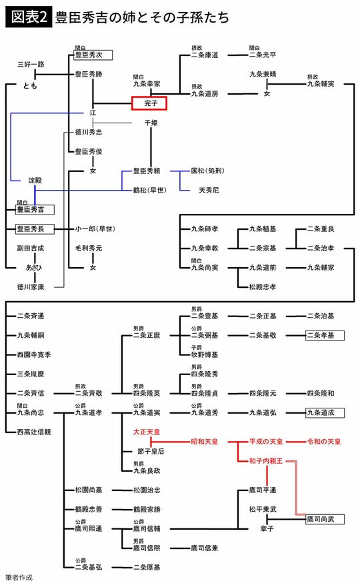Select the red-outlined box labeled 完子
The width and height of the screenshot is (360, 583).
coord(149,103)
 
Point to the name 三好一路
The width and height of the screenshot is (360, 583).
coord(31,65)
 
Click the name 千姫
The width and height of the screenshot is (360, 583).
coord(151,123)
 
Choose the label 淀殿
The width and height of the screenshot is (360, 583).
coord(35,181)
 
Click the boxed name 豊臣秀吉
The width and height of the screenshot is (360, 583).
coord(35,209)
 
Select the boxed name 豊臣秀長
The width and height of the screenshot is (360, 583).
coord(35,229)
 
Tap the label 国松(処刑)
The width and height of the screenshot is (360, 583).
coord(209,171)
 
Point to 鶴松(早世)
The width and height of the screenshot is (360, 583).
coord(149,190)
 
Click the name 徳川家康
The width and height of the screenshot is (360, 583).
coord(31,287)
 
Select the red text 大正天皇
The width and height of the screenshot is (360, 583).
coord(149,432)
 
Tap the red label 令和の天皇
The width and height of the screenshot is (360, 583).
coord(323,442)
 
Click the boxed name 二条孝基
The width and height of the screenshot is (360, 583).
coord(323,334)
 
